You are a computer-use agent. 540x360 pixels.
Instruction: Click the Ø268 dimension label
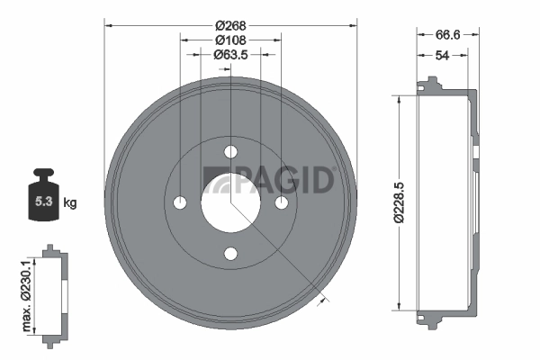pos(230,24)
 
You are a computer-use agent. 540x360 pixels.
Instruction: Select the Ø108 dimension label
pos(230,40)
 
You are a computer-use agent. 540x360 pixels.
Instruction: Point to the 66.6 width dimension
pos(448,35)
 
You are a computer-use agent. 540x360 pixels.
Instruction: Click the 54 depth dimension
pos(443,55)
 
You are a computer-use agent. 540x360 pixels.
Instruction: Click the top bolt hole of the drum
pos(230,151)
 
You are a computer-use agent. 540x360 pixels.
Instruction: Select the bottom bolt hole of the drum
pos(230,254)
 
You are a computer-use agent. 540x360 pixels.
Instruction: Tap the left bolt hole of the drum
pos(179,202)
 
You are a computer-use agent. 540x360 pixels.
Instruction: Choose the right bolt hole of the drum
pos(282,202)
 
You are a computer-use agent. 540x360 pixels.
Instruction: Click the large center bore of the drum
pos(230,202)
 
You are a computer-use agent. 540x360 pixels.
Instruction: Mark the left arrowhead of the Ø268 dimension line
pos(108,24)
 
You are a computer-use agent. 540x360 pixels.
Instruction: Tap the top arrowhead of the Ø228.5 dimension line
pos(398,96)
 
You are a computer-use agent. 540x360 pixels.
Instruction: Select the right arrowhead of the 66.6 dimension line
pos(477,35)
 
